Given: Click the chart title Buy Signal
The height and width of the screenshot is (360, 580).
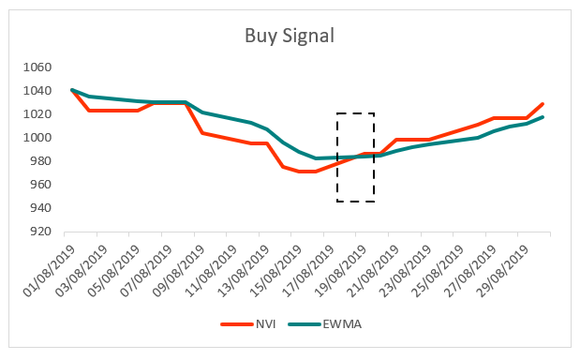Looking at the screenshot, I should (290, 37).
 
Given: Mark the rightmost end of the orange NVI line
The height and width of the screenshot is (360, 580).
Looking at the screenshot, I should (543, 104).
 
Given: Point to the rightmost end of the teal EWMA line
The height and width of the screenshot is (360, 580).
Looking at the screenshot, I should (543, 117).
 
